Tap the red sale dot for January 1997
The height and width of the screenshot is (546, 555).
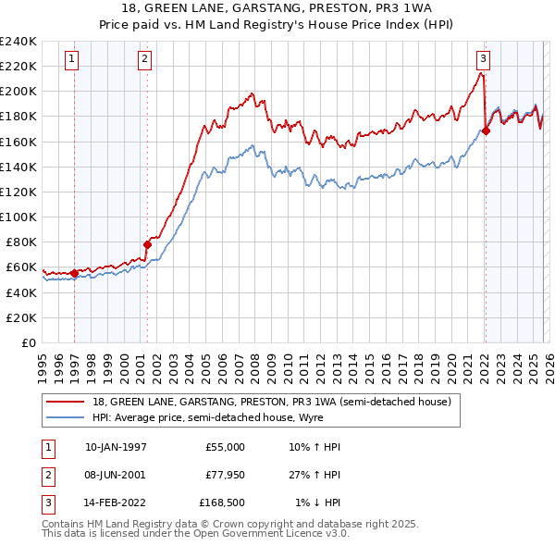point(74,272)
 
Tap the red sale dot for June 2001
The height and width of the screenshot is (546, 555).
point(146,244)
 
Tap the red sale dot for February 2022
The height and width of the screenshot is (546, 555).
point(486,130)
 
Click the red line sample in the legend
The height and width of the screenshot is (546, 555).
point(66,403)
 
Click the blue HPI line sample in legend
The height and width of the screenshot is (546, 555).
point(66,417)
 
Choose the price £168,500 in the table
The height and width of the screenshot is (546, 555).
point(222,503)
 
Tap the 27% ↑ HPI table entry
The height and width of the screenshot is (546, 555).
point(314,475)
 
